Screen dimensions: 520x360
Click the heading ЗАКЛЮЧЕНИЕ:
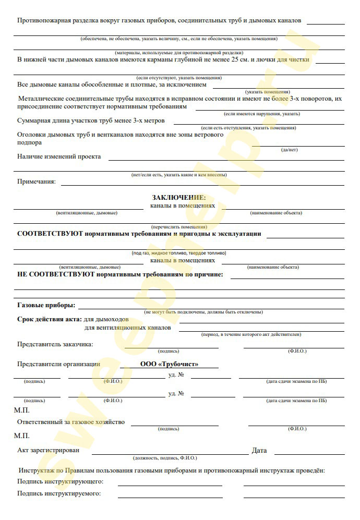point(179,198)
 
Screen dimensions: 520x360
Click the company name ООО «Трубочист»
point(169,364)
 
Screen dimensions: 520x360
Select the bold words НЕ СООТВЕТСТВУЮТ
point(55,274)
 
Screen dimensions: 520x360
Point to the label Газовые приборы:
point(46,305)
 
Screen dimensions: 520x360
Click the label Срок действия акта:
point(49,319)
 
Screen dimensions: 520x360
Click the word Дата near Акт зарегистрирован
point(259,450)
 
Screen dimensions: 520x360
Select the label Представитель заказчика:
point(55,344)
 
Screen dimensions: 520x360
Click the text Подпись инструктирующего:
point(60,481)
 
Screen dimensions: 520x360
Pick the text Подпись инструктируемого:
point(59,493)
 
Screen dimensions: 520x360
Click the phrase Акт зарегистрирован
point(49,450)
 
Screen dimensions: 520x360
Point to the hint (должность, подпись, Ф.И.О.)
point(165,458)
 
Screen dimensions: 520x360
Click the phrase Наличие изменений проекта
point(59,156)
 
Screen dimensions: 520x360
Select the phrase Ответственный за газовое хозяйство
point(71,422)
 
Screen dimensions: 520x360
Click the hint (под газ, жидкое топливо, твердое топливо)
point(178,253)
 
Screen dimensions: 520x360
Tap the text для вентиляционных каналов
point(127,328)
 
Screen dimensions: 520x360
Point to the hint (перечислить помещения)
point(178,227)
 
